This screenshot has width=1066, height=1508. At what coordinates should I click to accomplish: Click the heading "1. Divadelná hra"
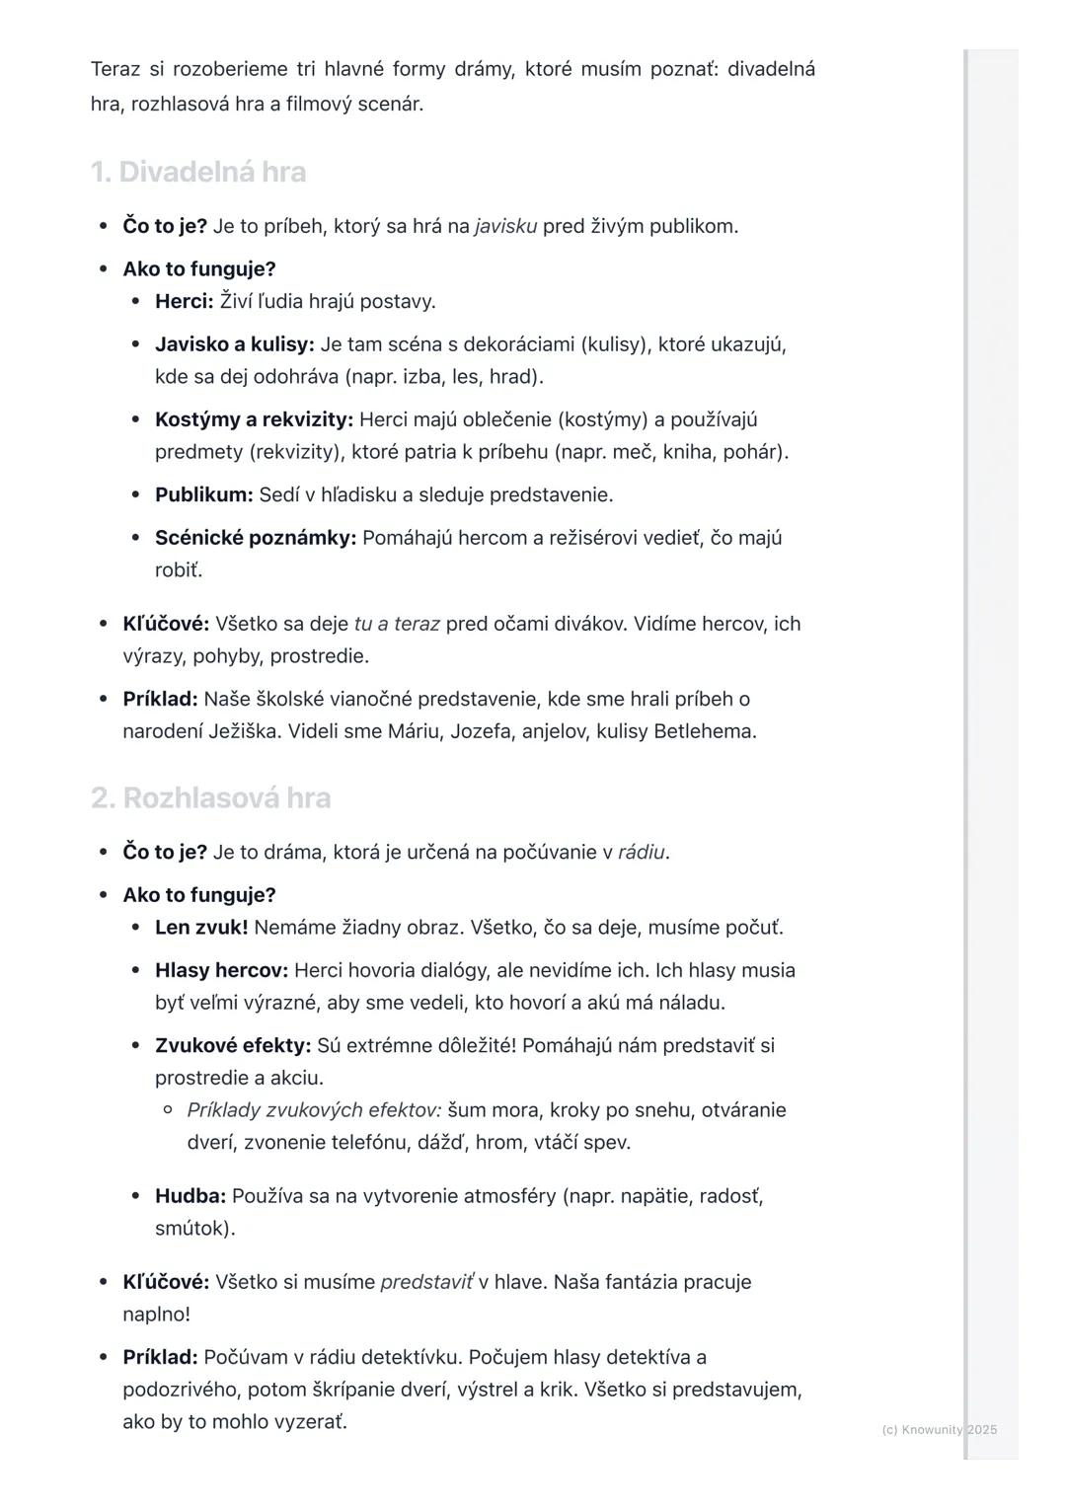coord(198,173)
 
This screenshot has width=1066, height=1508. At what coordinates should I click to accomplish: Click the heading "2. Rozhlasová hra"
coord(210,798)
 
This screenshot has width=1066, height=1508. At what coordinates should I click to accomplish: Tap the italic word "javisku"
coord(505,226)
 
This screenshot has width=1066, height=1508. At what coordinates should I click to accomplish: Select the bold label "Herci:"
coord(184,301)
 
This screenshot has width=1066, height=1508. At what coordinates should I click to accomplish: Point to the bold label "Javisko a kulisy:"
coord(234,344)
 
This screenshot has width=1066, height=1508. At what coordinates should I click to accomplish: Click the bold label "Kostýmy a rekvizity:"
coord(254,419)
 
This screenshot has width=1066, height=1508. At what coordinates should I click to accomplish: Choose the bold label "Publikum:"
coord(203,494)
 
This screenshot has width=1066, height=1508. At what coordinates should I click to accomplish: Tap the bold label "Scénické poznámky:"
coord(255,538)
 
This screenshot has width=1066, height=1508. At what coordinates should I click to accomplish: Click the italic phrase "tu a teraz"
coord(396,624)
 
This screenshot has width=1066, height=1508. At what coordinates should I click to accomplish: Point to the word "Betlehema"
coord(704,731)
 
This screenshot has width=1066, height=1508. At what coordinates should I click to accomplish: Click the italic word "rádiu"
coord(641,852)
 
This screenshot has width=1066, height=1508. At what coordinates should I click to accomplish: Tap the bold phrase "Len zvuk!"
coord(201,928)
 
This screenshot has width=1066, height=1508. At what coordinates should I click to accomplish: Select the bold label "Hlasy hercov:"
coord(221,970)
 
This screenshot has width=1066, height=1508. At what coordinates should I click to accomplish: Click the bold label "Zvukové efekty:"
coord(232,1045)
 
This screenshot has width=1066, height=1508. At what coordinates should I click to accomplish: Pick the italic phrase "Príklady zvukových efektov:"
coord(314,1110)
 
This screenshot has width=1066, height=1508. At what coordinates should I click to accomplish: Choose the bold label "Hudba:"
coord(190,1196)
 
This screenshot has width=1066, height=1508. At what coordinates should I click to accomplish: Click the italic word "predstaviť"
coord(426,1282)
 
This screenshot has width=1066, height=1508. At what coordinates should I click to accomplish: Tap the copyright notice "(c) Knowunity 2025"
coord(939,1429)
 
